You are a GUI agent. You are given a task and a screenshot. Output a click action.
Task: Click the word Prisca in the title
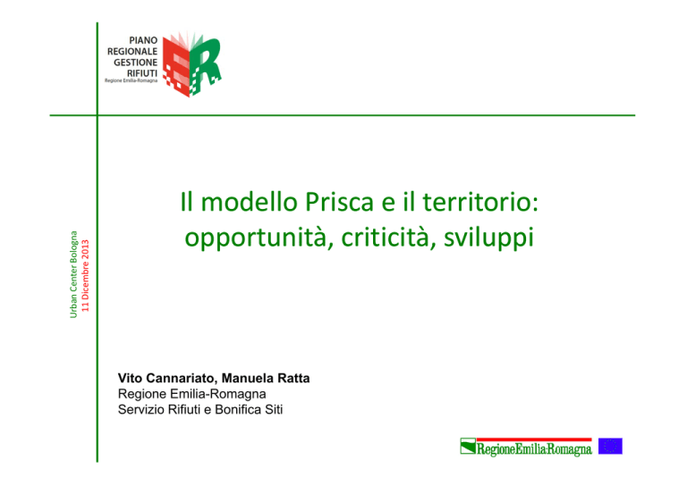click(x=340, y=202)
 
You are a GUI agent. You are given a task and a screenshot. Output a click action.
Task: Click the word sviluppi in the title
click(x=488, y=238)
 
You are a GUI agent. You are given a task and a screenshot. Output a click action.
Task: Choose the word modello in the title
click(x=249, y=202)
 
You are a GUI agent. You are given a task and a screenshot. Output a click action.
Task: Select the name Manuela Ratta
click(x=266, y=378)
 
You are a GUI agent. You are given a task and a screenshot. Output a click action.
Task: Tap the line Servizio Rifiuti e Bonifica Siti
click(x=200, y=410)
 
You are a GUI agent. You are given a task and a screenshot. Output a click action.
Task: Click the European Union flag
click(x=610, y=446)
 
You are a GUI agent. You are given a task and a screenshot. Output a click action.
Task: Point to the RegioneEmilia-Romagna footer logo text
click(x=534, y=449)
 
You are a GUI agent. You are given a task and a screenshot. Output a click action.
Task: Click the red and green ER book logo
click(x=191, y=63)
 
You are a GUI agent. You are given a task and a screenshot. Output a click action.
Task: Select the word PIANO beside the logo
click(x=143, y=40)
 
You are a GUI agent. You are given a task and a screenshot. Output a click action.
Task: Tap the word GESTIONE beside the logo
click(x=135, y=63)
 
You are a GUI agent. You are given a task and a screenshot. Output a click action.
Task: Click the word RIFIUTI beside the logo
click(x=142, y=73)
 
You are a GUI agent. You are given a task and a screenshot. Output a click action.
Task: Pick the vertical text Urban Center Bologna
click(x=73, y=274)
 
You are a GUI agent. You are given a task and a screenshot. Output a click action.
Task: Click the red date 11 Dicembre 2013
click(x=85, y=275)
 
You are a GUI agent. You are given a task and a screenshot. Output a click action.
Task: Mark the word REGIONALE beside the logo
click(x=132, y=51)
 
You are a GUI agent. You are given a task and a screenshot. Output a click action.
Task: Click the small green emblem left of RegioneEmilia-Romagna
click(x=468, y=446)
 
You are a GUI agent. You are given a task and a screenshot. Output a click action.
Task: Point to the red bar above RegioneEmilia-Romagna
click(x=534, y=439)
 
